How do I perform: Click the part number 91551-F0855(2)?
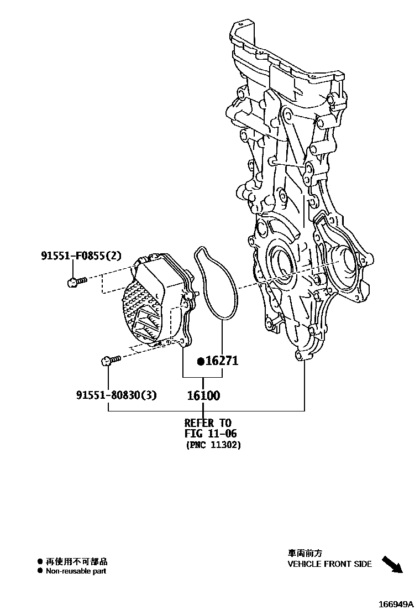(81, 256)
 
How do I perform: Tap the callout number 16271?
(222, 361)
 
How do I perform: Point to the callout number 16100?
(203, 395)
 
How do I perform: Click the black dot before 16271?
(201, 362)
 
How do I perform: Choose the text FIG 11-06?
(211, 434)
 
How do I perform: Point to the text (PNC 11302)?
(213, 445)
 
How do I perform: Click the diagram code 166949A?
(396, 604)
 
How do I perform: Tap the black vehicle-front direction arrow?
(392, 565)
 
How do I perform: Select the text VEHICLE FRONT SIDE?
(329, 564)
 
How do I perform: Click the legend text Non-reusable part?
(76, 571)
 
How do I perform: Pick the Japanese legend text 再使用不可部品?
(76, 561)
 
